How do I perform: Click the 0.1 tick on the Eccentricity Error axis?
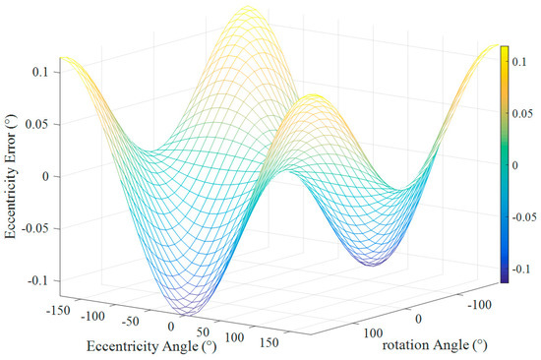pyautogui.click(x=41, y=73)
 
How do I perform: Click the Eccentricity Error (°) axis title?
pyautogui.click(x=12, y=177)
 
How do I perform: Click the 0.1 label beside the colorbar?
pyautogui.click(x=521, y=60)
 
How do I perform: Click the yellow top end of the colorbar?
pyautogui.click(x=504, y=49)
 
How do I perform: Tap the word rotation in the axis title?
pyautogui.click(x=404, y=345)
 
